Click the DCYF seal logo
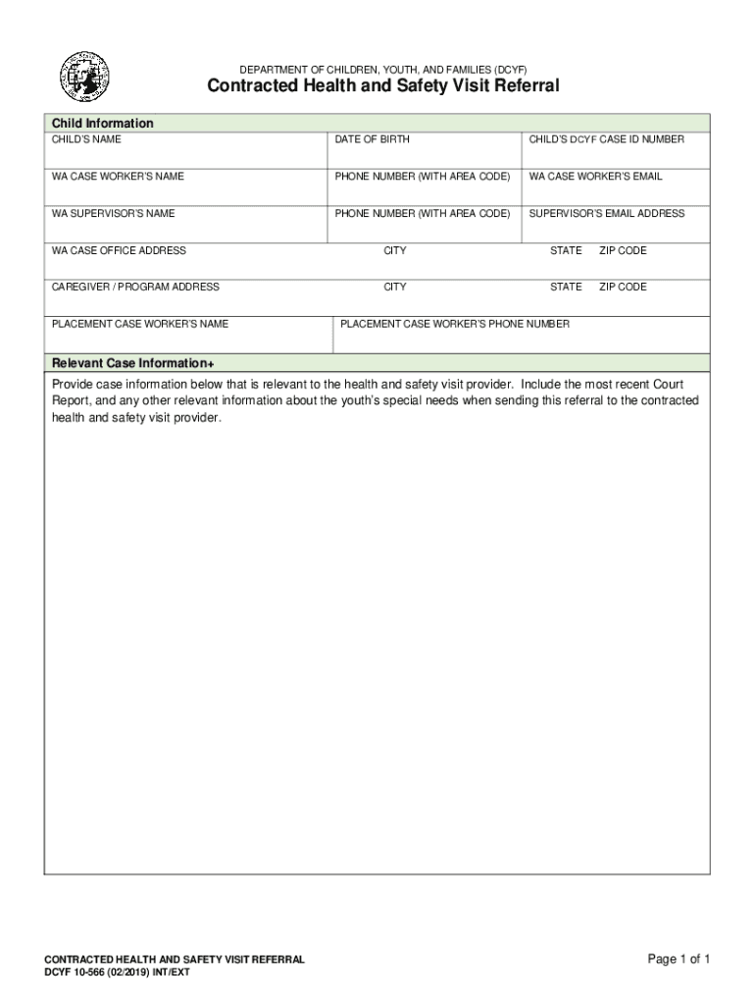click(84, 78)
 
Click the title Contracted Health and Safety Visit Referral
click(382, 86)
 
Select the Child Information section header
click(103, 124)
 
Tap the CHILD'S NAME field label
click(87, 139)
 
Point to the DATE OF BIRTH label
click(372, 139)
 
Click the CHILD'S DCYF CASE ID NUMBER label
click(606, 139)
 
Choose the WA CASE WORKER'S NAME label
click(118, 177)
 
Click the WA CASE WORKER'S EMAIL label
click(595, 177)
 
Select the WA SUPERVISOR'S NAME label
click(114, 213)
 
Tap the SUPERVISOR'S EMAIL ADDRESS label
click(606, 213)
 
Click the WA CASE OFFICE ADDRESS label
click(119, 250)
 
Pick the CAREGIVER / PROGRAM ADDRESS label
click(135, 287)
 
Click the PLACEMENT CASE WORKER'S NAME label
click(140, 323)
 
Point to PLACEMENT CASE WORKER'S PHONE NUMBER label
click(454, 323)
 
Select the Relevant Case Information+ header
click(131, 362)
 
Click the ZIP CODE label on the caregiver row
click(623, 287)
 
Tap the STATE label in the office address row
click(566, 250)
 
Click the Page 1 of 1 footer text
click(679, 959)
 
